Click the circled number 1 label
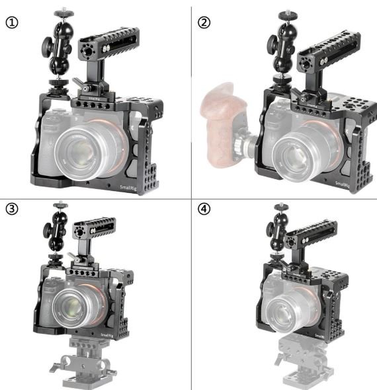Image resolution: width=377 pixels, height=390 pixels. pyautogui.click(x=12, y=22)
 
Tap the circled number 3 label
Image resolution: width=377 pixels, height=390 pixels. pyautogui.click(x=12, y=210)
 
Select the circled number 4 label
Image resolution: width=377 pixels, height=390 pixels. pyautogui.click(x=204, y=210)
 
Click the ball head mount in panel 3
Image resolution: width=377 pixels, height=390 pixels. pyautogui.click(x=54, y=232)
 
